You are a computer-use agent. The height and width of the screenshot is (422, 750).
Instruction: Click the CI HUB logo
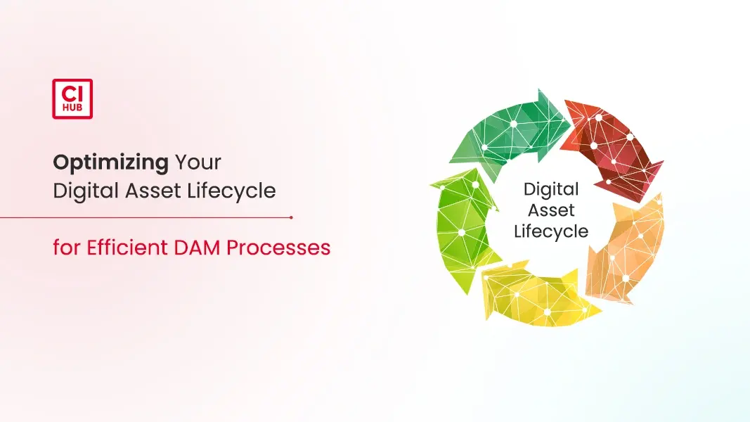(72, 98)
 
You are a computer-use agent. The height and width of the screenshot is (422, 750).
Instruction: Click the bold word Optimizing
(110, 163)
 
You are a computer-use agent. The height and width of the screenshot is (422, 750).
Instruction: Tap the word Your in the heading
(198, 162)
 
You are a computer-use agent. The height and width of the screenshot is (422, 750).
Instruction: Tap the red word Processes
(278, 248)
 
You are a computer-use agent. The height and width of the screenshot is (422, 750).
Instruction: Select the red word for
(67, 248)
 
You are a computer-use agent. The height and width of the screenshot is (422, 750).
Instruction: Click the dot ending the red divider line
(291, 218)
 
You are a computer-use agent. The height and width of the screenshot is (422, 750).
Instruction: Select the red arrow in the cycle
(612, 146)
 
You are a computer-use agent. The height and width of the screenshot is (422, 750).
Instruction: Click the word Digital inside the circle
(551, 190)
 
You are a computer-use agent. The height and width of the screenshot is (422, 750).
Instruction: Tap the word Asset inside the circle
(551, 210)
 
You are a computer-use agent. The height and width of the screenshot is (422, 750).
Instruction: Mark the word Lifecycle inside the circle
(551, 231)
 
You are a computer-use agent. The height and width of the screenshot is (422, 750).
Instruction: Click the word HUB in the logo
(72, 108)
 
